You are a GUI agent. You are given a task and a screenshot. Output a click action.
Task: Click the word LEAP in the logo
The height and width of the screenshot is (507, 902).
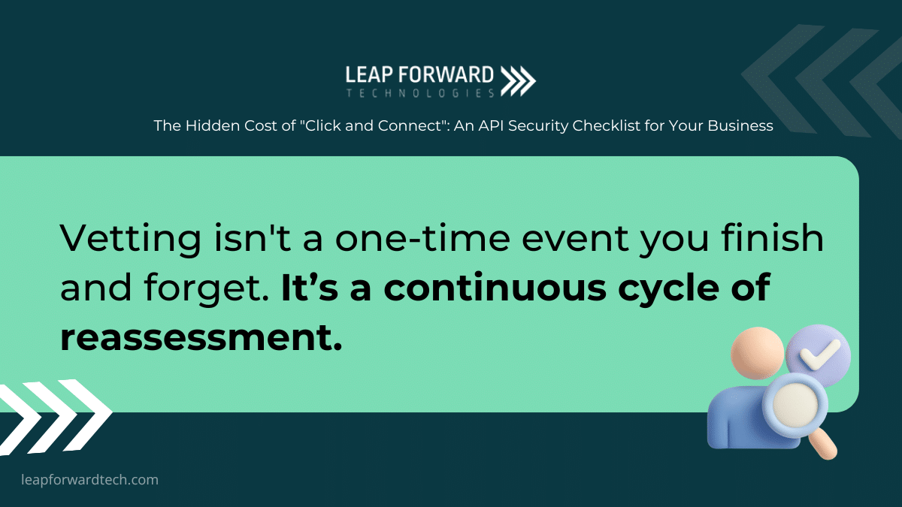tap(369, 75)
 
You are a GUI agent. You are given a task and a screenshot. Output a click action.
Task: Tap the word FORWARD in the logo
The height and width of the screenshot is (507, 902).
tap(446, 75)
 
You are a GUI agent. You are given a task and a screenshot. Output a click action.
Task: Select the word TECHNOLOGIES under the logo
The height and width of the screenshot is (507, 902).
tap(420, 93)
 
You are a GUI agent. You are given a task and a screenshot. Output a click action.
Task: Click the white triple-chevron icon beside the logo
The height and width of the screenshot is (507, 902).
tap(518, 81)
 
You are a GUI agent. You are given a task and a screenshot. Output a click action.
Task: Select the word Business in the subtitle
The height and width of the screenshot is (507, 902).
tap(740, 126)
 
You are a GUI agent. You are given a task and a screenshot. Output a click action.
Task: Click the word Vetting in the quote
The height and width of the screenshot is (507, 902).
tap(131, 238)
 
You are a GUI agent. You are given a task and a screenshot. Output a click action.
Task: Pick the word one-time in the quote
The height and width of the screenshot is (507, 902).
tap(422, 238)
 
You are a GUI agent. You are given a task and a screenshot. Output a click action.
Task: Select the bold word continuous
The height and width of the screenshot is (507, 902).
tap(495, 287)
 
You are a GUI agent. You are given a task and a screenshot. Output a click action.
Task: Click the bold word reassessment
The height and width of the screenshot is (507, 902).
tap(201, 337)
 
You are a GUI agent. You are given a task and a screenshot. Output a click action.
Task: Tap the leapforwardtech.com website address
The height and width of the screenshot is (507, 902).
tap(89, 480)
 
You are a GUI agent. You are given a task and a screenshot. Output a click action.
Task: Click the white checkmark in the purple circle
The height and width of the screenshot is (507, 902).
tap(819, 354)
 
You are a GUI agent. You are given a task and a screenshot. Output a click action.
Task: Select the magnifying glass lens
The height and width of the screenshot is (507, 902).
tap(795, 404)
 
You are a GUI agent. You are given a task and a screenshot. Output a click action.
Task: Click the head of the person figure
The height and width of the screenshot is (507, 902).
tap(757, 353)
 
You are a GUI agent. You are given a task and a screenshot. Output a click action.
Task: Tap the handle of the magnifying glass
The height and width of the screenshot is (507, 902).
tap(824, 445)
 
